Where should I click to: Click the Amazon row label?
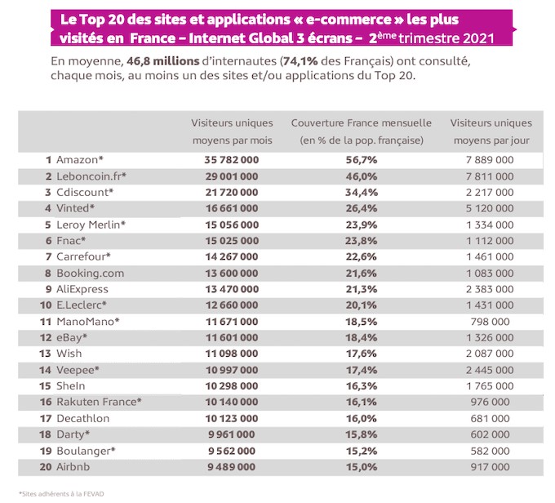click(x=80, y=160)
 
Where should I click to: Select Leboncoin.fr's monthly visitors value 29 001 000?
click(x=232, y=176)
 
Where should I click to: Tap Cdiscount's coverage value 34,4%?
click(x=362, y=193)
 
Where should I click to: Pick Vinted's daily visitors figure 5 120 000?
click(x=490, y=208)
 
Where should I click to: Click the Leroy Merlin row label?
click(x=91, y=225)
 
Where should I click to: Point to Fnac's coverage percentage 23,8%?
click(x=361, y=241)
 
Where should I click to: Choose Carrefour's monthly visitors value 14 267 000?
click(x=232, y=257)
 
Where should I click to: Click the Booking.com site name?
click(x=91, y=274)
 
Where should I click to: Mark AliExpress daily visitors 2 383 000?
click(x=490, y=289)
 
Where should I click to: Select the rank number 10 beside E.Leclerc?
click(x=46, y=305)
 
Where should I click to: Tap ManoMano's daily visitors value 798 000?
click(x=490, y=322)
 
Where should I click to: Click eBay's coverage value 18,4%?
click(x=362, y=337)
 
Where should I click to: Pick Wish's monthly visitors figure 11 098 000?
click(x=232, y=354)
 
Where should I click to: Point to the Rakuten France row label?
click(x=99, y=402)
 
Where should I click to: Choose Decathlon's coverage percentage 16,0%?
click(x=362, y=419)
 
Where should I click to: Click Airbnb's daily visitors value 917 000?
click(x=490, y=467)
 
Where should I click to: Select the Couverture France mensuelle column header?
click(x=362, y=131)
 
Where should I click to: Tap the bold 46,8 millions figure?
click(x=163, y=61)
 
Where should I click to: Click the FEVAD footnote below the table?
click(x=61, y=494)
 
